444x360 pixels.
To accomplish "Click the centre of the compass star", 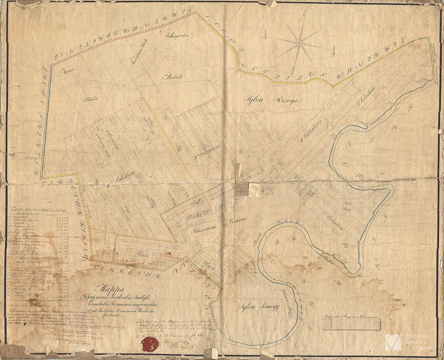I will coord(301,43).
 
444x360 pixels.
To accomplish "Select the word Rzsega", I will coord(283,100).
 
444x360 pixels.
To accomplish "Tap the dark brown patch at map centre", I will coord(241,190).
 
